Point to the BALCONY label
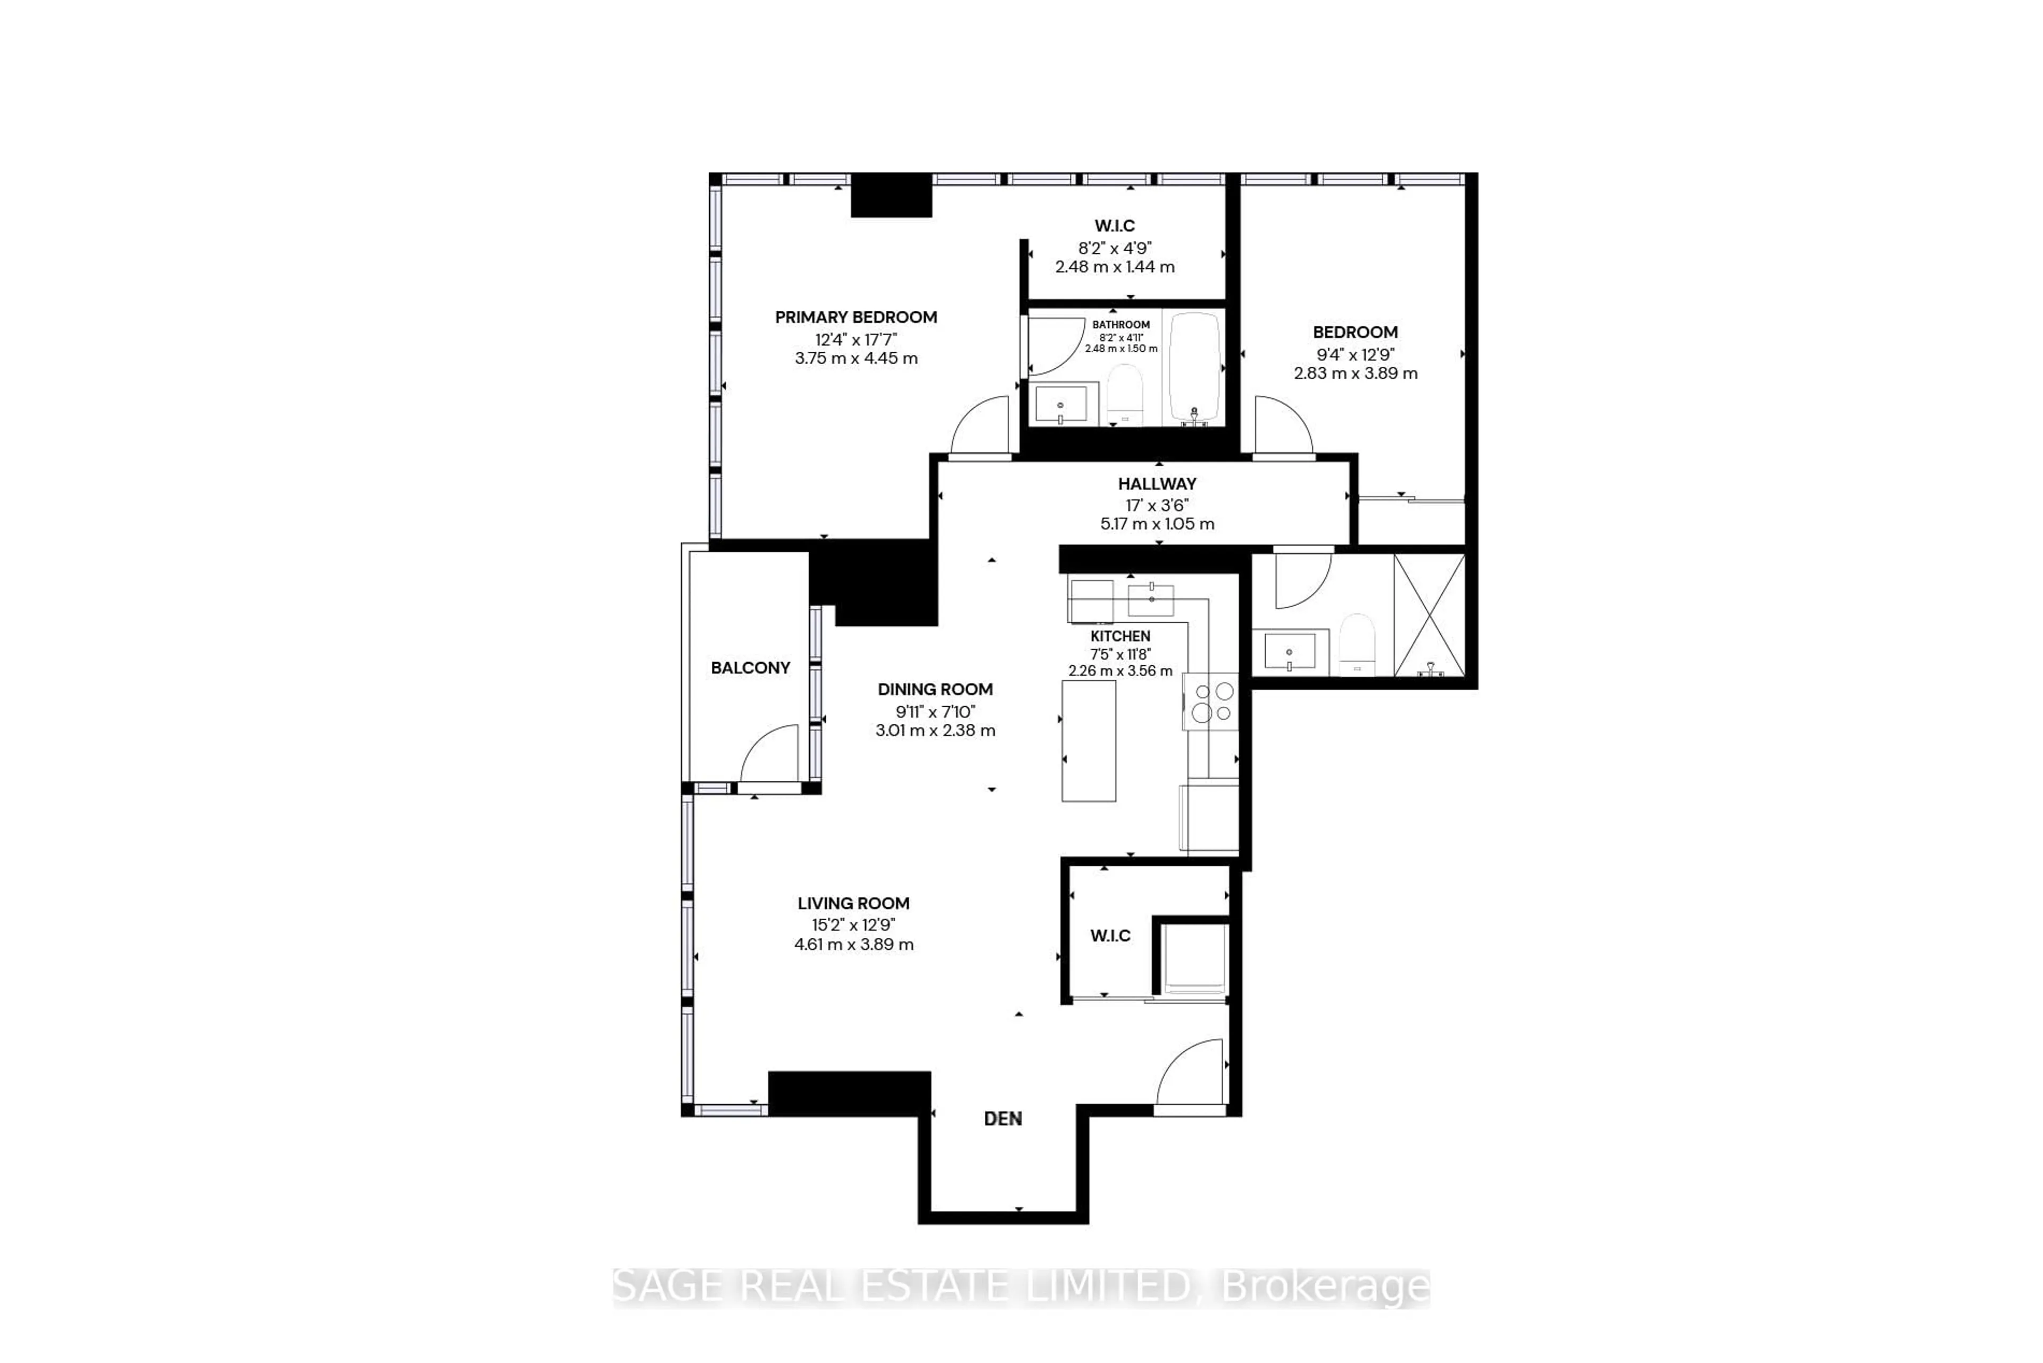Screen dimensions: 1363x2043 pos(750,667)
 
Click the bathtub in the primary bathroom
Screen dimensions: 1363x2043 pos(1195,366)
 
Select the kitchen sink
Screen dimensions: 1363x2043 pos(1151,600)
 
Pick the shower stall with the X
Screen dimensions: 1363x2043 pos(1429,615)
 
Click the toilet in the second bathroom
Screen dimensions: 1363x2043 pos(1356,643)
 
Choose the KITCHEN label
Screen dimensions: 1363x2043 pos(1120,637)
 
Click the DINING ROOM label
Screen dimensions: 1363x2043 pos(934,689)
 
